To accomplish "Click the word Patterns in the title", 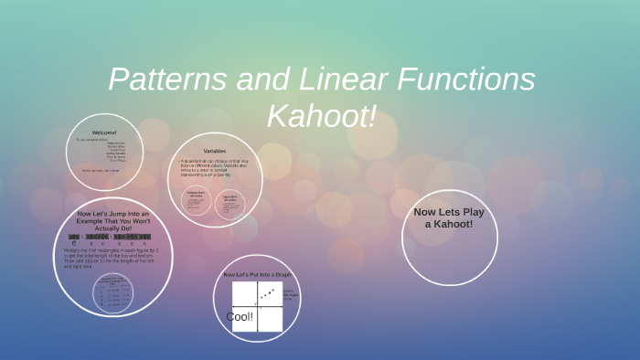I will point(165,79).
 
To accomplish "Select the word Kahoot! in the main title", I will point(321,117).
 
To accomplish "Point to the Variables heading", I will point(215,151).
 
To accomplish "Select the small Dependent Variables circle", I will point(229,204).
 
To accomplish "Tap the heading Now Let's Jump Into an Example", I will point(113,218).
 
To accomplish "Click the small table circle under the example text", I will point(112,291).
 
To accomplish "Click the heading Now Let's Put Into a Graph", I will point(257,274).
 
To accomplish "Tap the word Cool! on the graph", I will point(240,317).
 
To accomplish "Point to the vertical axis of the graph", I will point(259,305).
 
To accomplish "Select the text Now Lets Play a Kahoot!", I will point(449,217).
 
